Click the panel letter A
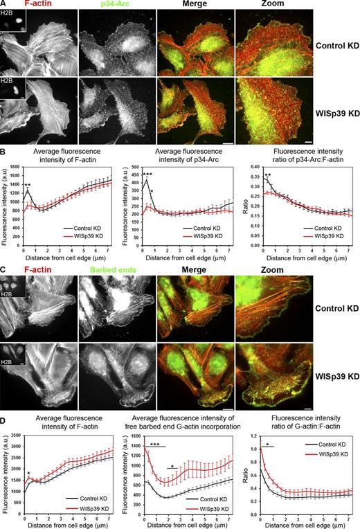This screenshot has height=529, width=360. pos(4,4)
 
